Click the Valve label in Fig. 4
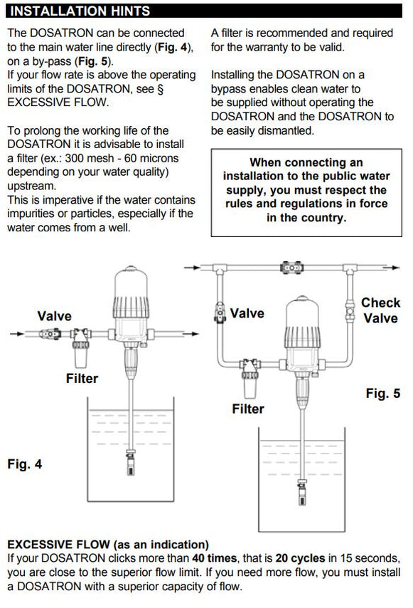click(54, 315)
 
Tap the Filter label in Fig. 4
click(82, 378)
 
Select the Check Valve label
click(380, 310)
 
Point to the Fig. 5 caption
click(382, 393)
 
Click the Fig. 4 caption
click(25, 463)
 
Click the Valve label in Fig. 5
click(247, 313)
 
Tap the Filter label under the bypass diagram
click(247, 409)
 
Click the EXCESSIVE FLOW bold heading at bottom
click(107, 545)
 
